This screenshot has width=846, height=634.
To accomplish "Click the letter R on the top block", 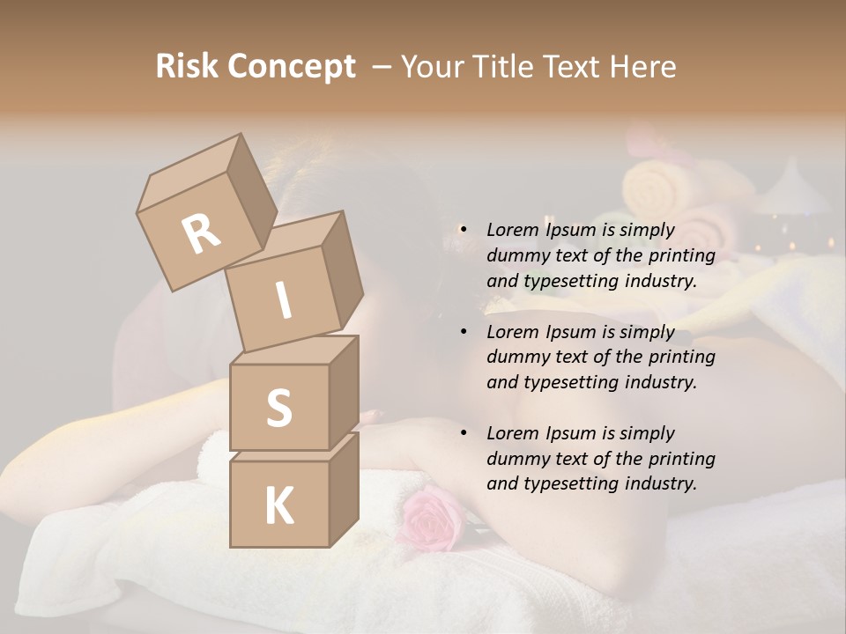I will (x=201, y=233).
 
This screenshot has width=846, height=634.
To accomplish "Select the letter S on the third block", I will (x=278, y=408).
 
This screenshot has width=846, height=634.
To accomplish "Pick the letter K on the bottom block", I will (x=278, y=506).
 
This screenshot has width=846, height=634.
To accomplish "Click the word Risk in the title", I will (x=188, y=67).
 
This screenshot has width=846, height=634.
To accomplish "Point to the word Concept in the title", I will (x=291, y=67).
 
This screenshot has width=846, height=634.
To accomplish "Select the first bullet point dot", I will (x=464, y=230).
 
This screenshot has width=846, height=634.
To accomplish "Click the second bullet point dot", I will (x=464, y=332).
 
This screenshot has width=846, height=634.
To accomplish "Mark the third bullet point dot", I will (x=464, y=433).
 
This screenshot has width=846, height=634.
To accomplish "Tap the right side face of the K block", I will (x=344, y=489).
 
